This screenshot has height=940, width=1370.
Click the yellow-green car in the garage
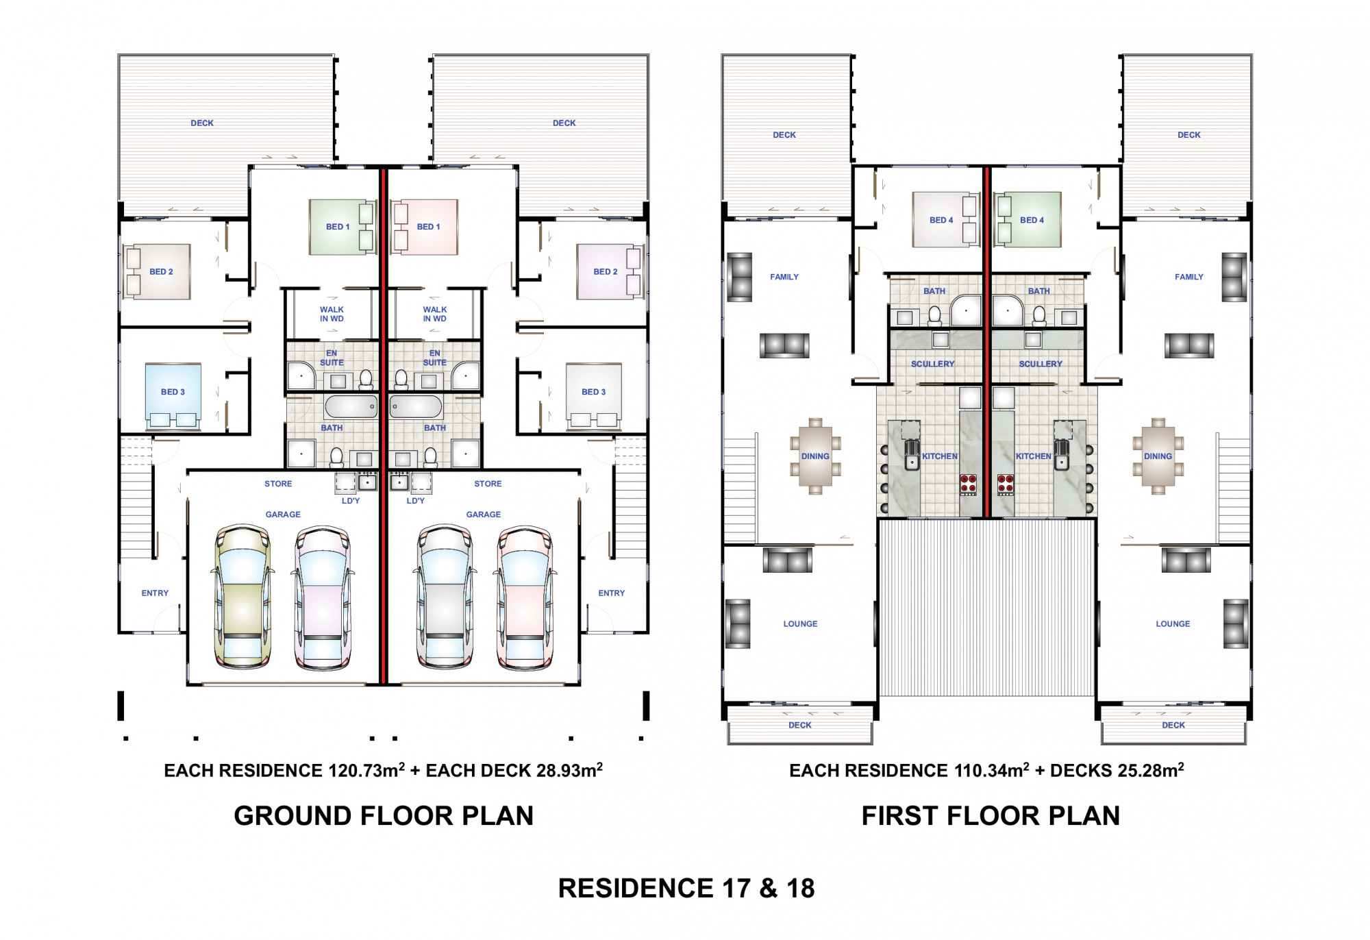tap(242, 596)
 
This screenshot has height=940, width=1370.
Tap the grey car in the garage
tap(445, 596)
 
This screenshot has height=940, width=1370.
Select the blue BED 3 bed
tap(173, 396)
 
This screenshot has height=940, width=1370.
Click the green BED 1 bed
tap(342, 227)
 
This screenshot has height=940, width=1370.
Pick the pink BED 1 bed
tap(424, 227)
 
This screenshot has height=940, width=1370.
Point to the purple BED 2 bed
tap(609, 271)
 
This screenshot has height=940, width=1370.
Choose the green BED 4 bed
tap(1027, 219)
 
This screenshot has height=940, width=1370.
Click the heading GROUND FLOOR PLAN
tap(384, 816)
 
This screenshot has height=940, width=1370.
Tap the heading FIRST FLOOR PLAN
tap(991, 816)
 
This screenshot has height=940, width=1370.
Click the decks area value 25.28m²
tap(1151, 770)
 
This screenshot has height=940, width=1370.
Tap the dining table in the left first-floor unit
tap(815, 456)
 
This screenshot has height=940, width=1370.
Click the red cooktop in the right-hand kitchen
tap(1005, 484)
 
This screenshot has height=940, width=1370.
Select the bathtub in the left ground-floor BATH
tap(351, 406)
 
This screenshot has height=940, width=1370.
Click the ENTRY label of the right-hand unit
tap(612, 593)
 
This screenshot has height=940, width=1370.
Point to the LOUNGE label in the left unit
tap(800, 624)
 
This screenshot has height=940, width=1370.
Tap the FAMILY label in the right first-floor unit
tap(1189, 277)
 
